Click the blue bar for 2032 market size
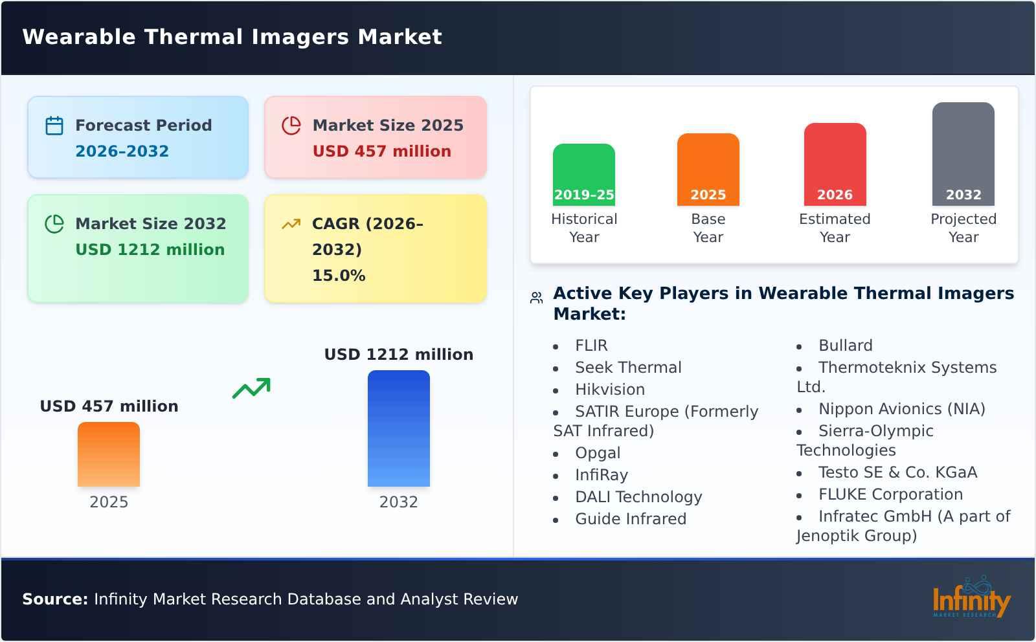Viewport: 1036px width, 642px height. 398,428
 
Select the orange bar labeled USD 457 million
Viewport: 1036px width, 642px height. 109,454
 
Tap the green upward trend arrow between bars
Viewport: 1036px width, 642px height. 251,388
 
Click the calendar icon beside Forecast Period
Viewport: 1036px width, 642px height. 54,126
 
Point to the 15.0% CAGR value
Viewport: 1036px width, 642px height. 339,276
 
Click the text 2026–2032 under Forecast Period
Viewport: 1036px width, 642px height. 122,151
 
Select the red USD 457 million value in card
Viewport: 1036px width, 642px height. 381,151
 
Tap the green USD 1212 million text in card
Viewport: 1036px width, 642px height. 150,250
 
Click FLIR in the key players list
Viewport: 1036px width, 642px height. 591,346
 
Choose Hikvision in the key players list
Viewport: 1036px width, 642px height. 609,390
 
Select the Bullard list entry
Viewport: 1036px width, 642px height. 845,346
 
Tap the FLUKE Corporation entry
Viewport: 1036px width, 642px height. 890,494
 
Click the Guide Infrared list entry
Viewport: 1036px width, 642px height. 630,519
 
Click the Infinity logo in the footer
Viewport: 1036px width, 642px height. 971,598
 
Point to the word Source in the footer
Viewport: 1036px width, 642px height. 54,599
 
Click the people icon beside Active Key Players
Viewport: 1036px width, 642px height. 536,298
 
